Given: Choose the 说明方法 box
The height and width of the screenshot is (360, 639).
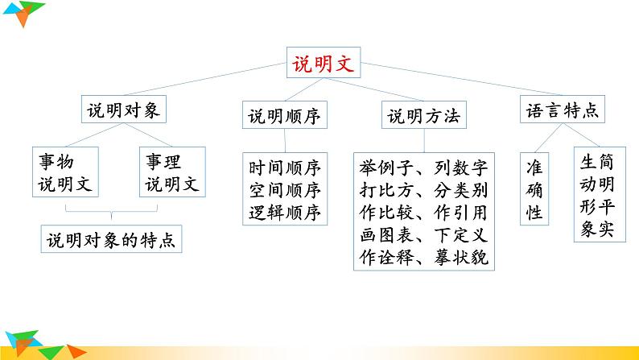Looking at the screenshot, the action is point(423,117).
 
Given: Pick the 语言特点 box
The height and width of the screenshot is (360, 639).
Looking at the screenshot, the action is point(562,112).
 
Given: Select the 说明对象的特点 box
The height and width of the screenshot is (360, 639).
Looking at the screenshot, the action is point(111,240).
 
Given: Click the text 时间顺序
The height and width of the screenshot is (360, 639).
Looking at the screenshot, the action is point(285,168).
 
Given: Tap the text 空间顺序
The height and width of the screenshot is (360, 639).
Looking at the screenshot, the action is point(285,191).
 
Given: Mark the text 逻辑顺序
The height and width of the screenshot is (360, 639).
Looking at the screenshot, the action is point(285,213).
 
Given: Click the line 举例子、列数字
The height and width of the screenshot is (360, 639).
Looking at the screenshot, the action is point(423,168).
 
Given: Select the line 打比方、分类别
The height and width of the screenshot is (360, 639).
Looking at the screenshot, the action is point(423,191).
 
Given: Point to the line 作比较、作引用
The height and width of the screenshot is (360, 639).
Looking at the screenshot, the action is point(423,213).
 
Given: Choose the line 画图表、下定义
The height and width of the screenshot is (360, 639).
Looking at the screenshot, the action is point(423,236).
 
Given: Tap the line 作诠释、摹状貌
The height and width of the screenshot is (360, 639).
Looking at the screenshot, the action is point(423,259).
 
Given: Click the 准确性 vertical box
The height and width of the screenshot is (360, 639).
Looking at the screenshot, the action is point(534,190).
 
